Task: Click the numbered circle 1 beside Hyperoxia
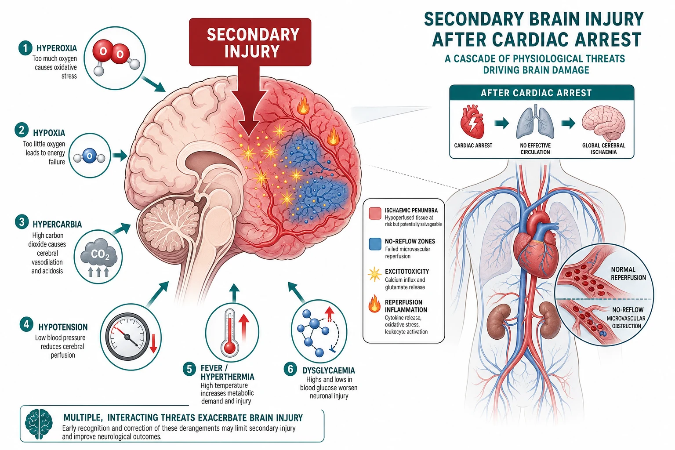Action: [x=25, y=48]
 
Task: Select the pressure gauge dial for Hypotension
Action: [x=128, y=336]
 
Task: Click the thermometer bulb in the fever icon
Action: [x=230, y=348]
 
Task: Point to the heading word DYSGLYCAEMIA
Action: [x=329, y=370]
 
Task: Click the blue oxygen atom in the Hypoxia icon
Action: [x=89, y=156]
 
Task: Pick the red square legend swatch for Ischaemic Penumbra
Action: [x=375, y=214]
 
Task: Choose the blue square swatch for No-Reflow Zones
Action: [x=375, y=244]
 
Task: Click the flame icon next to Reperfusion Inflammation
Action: [x=374, y=304]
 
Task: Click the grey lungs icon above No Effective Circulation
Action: [x=535, y=122]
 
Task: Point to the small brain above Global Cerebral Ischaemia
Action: [x=603, y=123]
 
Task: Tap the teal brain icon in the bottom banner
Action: [x=39, y=424]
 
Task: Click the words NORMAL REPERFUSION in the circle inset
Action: [x=628, y=273]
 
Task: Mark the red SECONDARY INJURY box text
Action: [x=253, y=43]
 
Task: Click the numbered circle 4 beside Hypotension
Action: [x=26, y=324]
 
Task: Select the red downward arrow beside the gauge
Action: [x=153, y=343]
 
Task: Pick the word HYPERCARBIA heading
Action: [x=57, y=224]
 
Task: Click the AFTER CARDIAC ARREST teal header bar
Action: [x=541, y=93]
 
